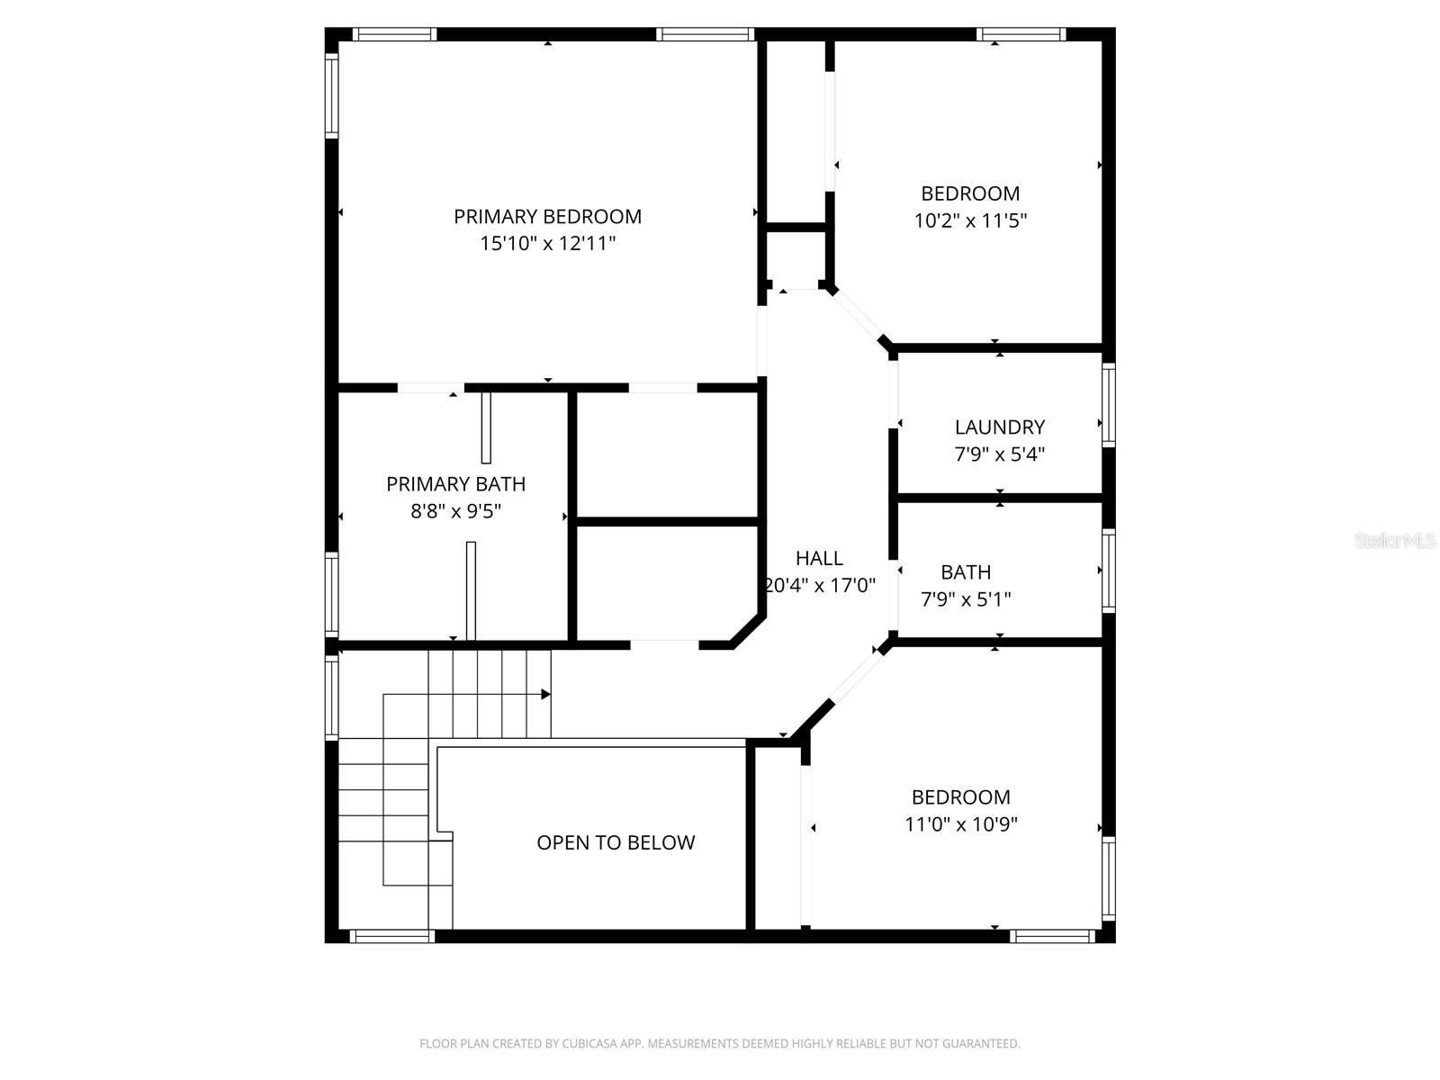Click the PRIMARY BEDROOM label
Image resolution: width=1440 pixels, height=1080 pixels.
click(547, 217)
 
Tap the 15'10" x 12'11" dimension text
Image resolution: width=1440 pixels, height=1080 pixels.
click(547, 244)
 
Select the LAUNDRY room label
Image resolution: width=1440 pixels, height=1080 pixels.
click(999, 427)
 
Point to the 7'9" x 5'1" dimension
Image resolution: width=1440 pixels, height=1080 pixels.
click(966, 599)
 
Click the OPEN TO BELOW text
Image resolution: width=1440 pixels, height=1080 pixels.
click(616, 843)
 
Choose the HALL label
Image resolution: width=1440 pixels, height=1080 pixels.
click(819, 559)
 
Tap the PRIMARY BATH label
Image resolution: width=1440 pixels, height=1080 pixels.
click(455, 484)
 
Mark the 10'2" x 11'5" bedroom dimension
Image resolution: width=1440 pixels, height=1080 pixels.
click(970, 220)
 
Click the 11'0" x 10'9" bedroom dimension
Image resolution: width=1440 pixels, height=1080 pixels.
click(961, 824)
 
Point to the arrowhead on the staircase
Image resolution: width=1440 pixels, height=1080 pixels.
click(545, 695)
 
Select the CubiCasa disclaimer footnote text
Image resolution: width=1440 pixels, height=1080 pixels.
click(720, 1044)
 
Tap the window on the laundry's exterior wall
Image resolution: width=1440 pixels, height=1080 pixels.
click(1109, 404)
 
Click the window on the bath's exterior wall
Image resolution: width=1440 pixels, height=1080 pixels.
click(1109, 571)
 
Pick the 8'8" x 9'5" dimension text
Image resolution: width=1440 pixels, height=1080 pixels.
click(455, 512)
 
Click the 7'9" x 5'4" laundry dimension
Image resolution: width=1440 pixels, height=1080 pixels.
click(999, 454)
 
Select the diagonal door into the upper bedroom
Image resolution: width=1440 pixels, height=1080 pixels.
click(857, 316)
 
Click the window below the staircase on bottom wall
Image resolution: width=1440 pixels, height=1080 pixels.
click(391, 937)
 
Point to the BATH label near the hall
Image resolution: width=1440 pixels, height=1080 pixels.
click(966, 572)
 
